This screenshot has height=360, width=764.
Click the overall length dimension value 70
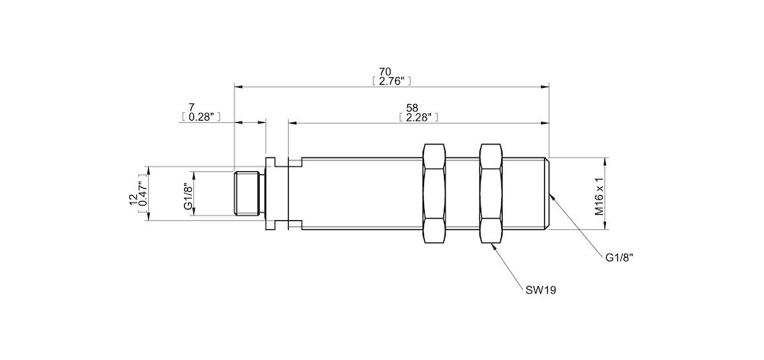[x=391, y=71]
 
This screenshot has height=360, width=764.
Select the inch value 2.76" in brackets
[x=391, y=80]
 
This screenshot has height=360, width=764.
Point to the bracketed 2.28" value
[x=418, y=118]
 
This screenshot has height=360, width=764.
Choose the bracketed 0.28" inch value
[x=201, y=117]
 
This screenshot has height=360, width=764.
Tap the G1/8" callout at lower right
[x=619, y=258]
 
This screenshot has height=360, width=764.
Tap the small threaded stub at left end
[x=248, y=193]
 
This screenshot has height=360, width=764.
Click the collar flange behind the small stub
[x=270, y=193]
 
